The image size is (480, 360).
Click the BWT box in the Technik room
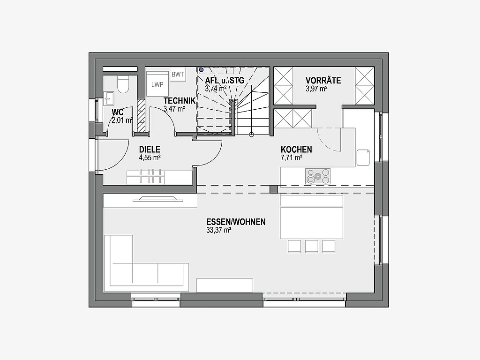(178, 75)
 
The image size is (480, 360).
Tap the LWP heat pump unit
(157, 84)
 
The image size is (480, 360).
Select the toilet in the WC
(123, 84)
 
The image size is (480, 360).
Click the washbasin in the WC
(109, 98)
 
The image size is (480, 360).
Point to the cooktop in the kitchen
(317, 176)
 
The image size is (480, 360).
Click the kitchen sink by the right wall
(363, 157)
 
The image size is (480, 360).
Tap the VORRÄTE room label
(323, 81)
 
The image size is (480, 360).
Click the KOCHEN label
(296, 150)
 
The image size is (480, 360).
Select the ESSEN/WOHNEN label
(236, 222)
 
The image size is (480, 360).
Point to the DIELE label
(150, 150)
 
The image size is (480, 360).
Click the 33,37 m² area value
(218, 230)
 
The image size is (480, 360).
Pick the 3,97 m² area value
(316, 89)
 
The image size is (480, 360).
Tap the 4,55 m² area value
(150, 158)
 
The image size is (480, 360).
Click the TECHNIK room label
(180, 101)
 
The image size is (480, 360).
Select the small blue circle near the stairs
(201, 70)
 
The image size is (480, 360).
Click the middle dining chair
(312, 247)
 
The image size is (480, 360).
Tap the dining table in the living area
(312, 223)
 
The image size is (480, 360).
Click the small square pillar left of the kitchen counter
(274, 189)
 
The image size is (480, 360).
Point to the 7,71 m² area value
(292, 158)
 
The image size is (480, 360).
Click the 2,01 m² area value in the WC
(122, 120)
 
